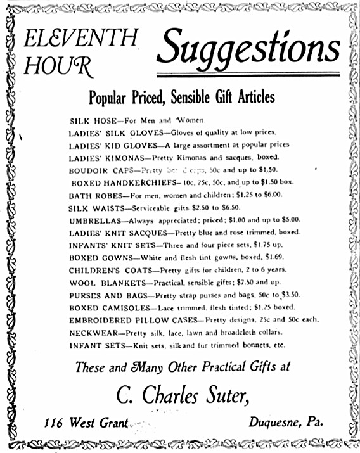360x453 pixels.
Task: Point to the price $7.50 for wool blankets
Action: click(x=243, y=282)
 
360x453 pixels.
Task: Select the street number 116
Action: click(x=57, y=423)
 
